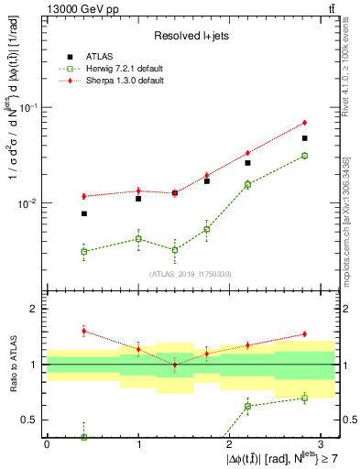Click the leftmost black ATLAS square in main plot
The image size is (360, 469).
coord(83,213)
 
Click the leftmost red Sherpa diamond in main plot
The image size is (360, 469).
coord(83,196)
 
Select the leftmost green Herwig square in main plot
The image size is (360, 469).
coord(83,251)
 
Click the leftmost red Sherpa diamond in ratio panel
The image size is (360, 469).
coord(83,331)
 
